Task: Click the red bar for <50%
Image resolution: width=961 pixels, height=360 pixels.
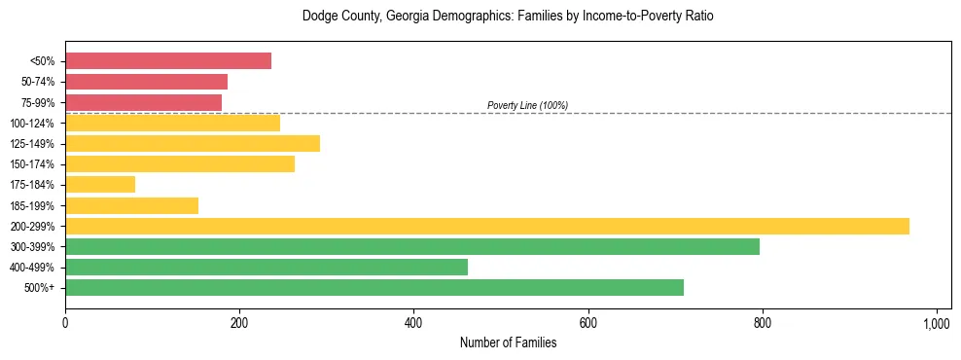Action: (x=167, y=60)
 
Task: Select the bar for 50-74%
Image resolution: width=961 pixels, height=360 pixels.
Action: (x=146, y=82)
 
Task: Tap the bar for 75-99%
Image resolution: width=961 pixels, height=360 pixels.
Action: (x=143, y=102)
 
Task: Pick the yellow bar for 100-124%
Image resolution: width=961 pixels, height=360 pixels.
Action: (x=172, y=123)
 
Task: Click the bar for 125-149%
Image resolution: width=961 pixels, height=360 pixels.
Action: (x=193, y=143)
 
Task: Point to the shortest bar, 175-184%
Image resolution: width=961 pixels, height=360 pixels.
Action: (x=100, y=184)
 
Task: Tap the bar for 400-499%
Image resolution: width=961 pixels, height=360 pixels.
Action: (x=266, y=267)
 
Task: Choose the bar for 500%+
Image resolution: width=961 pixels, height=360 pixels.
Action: (x=374, y=287)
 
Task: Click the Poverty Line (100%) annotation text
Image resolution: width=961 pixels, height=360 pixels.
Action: (x=527, y=105)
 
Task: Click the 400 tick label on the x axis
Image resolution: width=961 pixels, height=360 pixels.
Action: (x=413, y=322)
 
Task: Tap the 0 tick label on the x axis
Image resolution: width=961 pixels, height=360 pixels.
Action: (x=65, y=322)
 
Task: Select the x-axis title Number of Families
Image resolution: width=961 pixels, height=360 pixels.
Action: (x=508, y=342)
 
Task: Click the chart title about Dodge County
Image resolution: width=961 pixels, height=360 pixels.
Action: (x=508, y=17)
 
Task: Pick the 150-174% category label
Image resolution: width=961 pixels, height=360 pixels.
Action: (x=32, y=164)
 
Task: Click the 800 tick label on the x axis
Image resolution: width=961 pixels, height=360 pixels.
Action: (x=763, y=322)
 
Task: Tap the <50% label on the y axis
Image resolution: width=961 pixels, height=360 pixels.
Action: (x=43, y=61)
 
